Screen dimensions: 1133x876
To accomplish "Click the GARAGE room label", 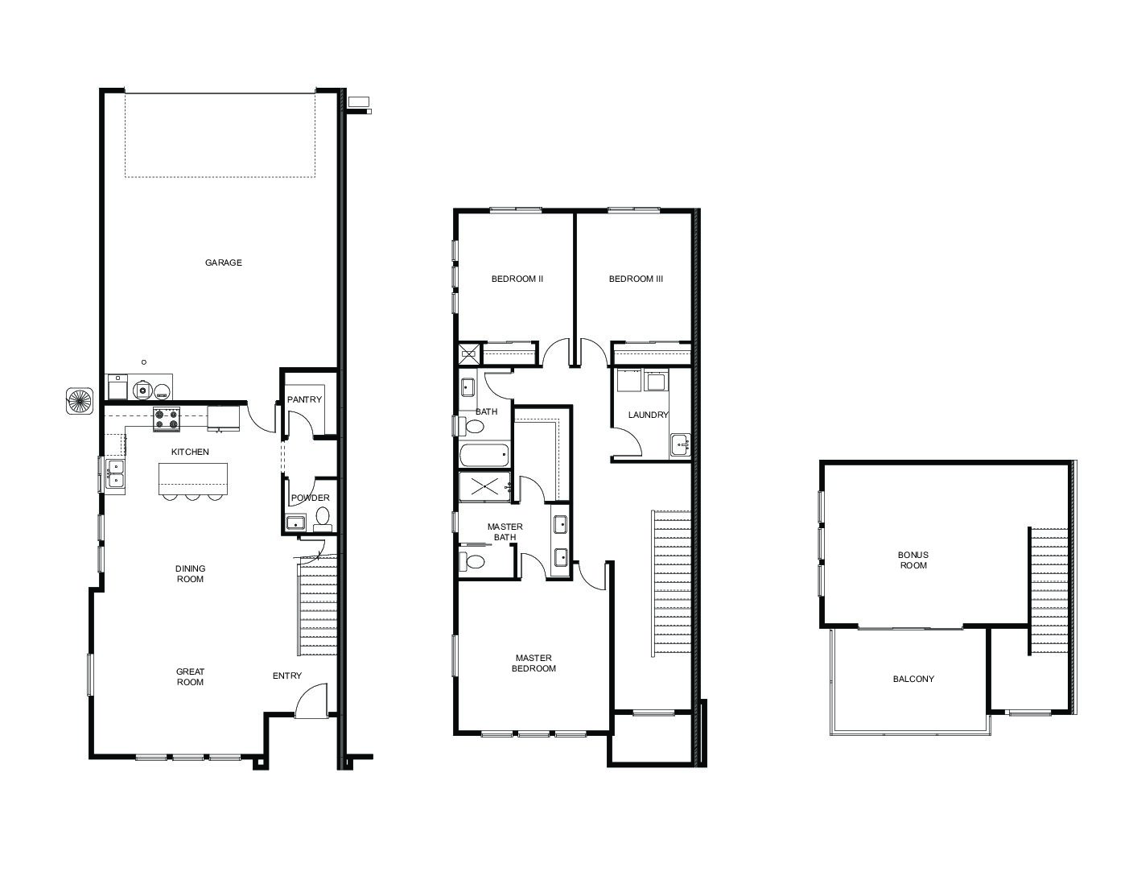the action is point(223,262).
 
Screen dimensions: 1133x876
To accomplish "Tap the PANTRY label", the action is point(304,399).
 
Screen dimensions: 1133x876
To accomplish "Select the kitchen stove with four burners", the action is point(167,419).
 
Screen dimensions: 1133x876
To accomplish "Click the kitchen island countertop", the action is point(193,478).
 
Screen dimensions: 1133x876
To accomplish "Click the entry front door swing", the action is point(311,700).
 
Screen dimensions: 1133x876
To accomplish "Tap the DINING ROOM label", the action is point(191,573).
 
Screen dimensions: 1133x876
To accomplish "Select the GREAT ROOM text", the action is point(191,676).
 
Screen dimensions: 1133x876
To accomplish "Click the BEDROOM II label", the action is point(517,279).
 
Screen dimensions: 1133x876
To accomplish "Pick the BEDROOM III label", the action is point(637,279).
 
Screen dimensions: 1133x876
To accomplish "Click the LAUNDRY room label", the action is point(648,415).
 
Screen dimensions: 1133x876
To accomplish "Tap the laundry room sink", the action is point(680,445).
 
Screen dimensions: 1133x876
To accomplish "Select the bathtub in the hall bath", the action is point(484,456).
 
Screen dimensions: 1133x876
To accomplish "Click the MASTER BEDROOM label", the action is point(534,663).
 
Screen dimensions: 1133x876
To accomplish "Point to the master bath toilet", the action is point(472,561).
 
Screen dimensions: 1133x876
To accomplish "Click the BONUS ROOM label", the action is point(913,560).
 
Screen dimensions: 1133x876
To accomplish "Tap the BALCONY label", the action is point(913,679).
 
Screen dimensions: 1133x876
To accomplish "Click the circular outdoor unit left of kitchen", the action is point(80,401).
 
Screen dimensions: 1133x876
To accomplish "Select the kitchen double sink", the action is point(115,473).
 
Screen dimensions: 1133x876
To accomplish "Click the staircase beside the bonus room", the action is point(1049,591).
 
